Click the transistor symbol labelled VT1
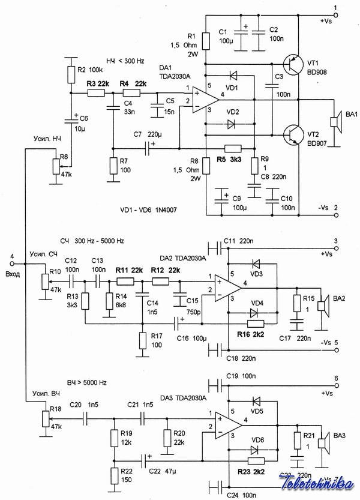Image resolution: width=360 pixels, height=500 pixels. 292,65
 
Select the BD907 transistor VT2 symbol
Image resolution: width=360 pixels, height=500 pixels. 292,133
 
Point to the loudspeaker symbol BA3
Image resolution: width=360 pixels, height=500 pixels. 323,443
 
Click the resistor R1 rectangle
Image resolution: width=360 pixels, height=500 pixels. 205,41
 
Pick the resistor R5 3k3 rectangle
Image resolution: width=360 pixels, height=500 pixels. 232,148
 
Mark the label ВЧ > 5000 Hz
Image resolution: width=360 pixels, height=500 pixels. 87,382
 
